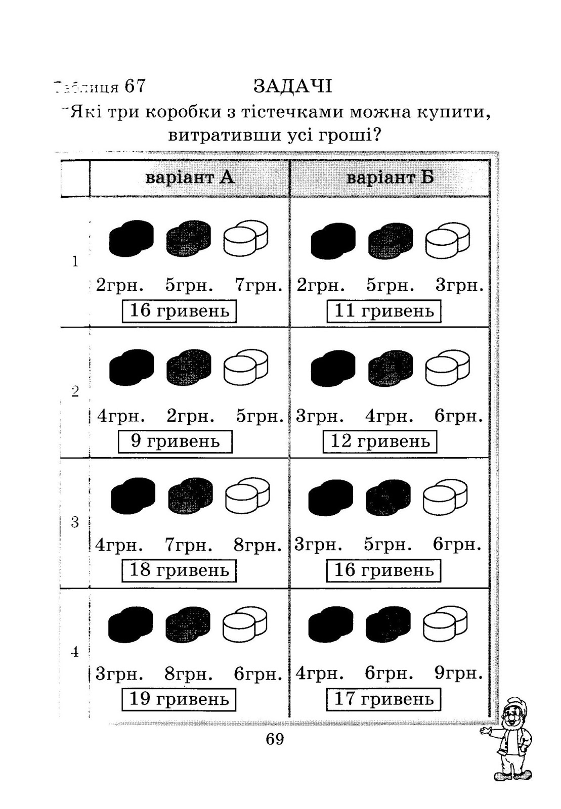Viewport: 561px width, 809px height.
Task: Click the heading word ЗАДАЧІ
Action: click(x=292, y=86)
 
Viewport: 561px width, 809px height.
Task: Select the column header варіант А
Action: click(x=190, y=178)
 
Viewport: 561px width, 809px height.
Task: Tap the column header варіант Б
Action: click(x=390, y=178)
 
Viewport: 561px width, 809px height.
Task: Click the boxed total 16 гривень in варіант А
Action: click(x=179, y=310)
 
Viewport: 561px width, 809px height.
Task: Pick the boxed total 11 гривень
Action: click(x=383, y=310)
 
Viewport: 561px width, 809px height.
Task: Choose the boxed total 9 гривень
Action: click(x=175, y=441)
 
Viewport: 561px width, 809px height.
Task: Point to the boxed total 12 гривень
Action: click(x=379, y=441)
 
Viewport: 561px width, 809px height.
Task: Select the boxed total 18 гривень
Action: click(x=179, y=570)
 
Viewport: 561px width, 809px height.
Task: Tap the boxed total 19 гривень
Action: click(x=179, y=699)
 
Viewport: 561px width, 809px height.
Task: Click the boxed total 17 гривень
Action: click(x=383, y=699)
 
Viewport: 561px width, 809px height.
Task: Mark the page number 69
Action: click(x=275, y=739)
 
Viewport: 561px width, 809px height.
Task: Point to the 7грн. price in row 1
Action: click(x=258, y=286)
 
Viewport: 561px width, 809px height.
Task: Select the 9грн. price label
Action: click(x=458, y=673)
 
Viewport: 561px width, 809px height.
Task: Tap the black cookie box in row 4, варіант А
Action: click(x=131, y=624)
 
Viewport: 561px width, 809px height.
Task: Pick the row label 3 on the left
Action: click(x=75, y=522)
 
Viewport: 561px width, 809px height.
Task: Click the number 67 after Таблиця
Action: click(x=135, y=86)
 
